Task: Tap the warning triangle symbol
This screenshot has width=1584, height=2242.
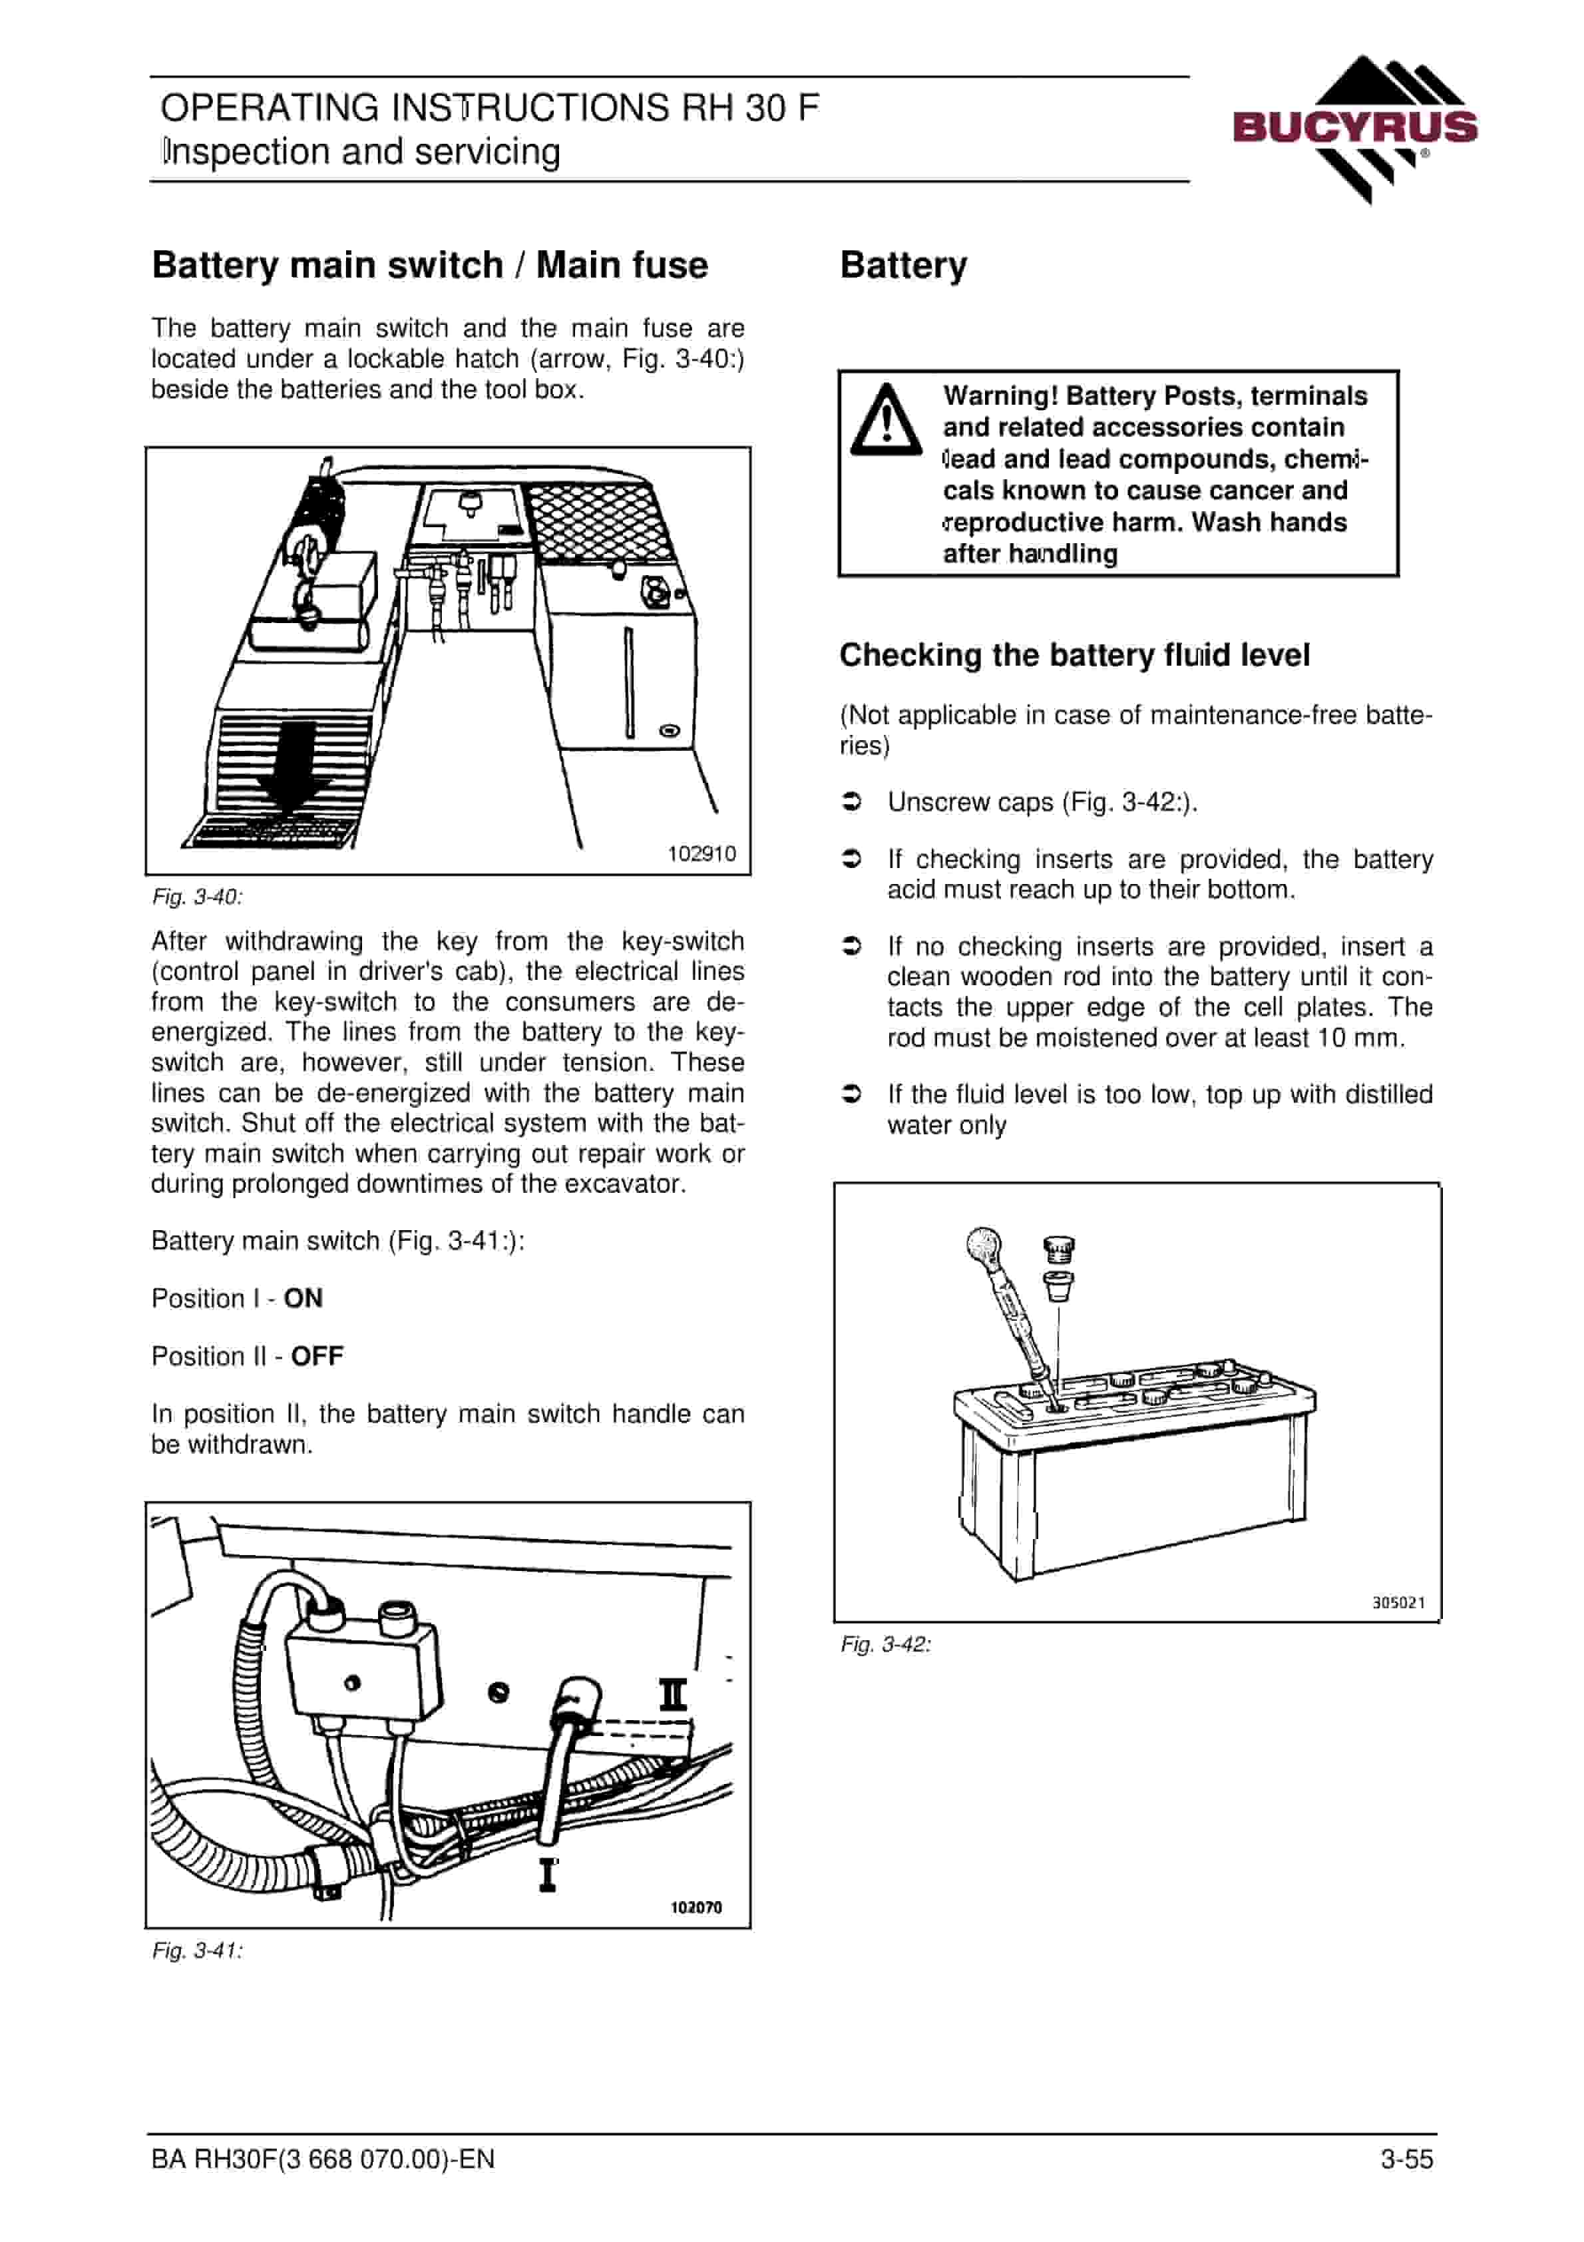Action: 886,420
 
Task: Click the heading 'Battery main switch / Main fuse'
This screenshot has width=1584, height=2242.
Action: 430,266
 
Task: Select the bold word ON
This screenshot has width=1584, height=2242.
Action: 303,1298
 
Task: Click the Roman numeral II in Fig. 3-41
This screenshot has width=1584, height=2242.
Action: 673,1694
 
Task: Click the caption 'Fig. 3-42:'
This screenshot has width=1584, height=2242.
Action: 886,1644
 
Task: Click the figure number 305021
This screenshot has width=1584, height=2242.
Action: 1398,1602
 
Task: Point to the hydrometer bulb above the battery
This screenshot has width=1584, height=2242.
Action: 982,1245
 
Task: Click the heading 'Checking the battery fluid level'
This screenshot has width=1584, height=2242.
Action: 1074,654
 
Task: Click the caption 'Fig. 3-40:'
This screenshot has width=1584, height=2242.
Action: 197,897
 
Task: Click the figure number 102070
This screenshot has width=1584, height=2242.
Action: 696,1907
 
